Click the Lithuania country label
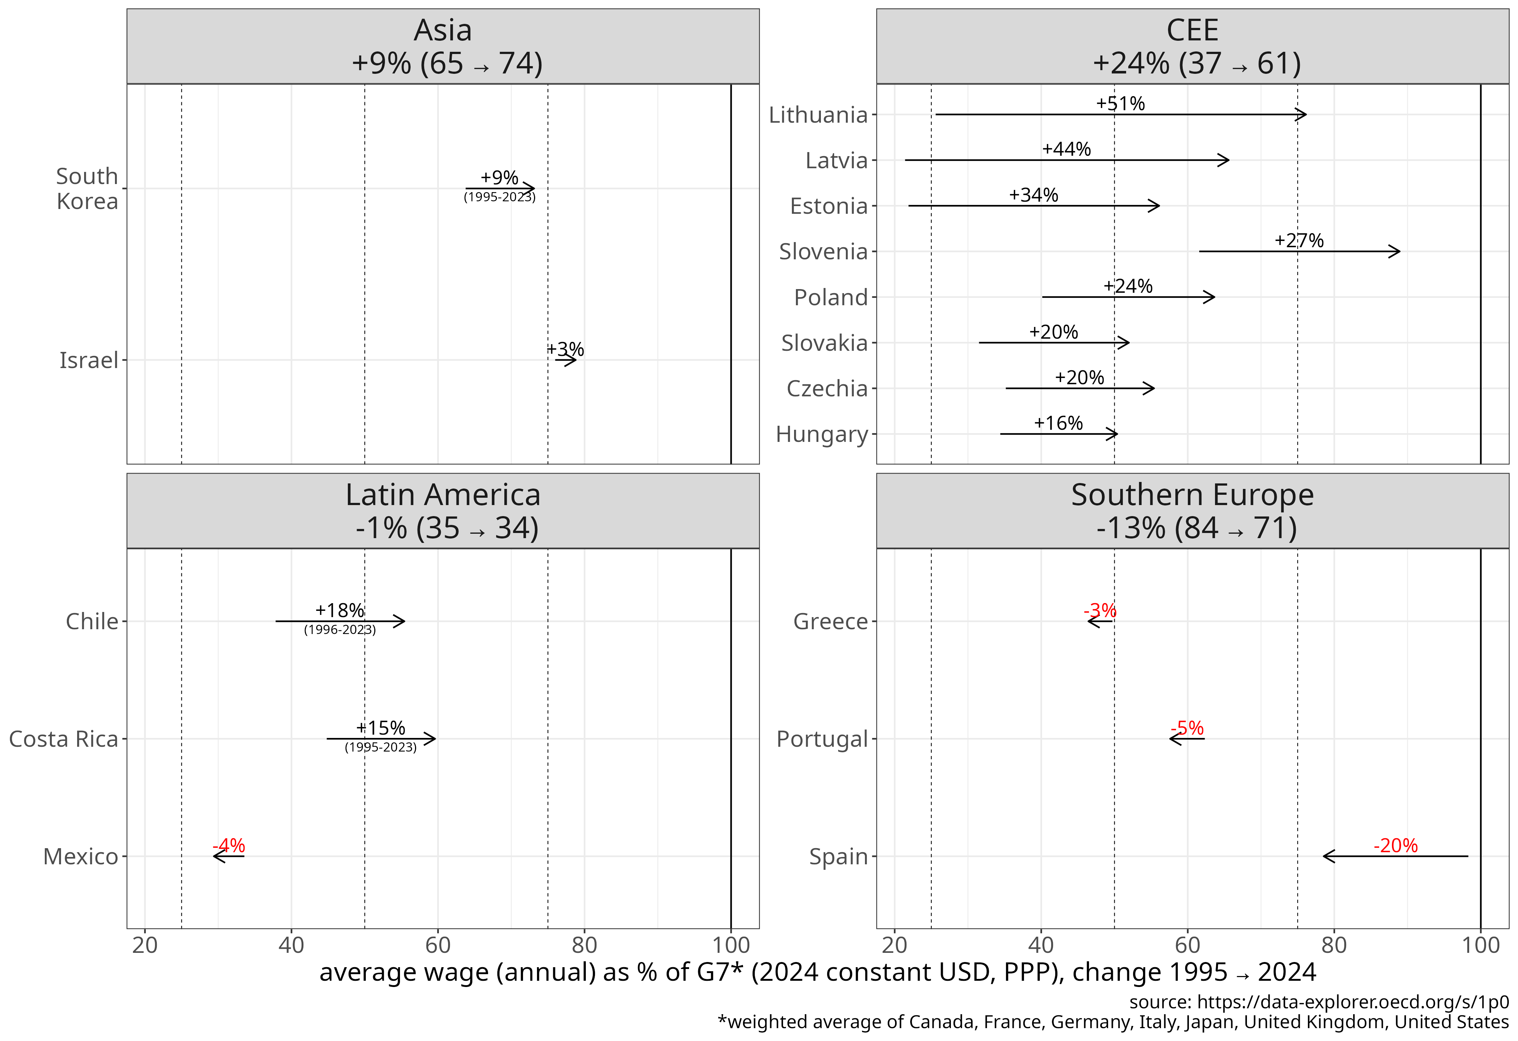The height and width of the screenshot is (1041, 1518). pyautogui.click(x=818, y=115)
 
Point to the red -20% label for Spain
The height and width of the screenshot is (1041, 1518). pyautogui.click(x=1395, y=846)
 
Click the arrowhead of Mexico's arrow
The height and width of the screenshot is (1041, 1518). pyautogui.click(x=216, y=856)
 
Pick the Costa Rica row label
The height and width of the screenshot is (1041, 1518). pyautogui.click(x=64, y=739)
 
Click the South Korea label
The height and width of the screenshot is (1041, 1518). pyautogui.click(x=87, y=189)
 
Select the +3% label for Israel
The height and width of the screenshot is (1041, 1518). pyautogui.click(x=566, y=349)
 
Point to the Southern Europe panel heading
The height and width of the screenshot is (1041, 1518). pyautogui.click(x=1192, y=495)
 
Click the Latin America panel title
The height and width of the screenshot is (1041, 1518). pyautogui.click(x=443, y=495)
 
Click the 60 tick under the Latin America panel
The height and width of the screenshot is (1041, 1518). pyautogui.click(x=438, y=945)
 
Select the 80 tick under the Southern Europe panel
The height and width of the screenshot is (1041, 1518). pyautogui.click(x=1334, y=945)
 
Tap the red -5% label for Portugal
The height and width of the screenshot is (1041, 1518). pyautogui.click(x=1187, y=728)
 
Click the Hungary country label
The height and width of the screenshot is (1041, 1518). pyautogui.click(x=822, y=434)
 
